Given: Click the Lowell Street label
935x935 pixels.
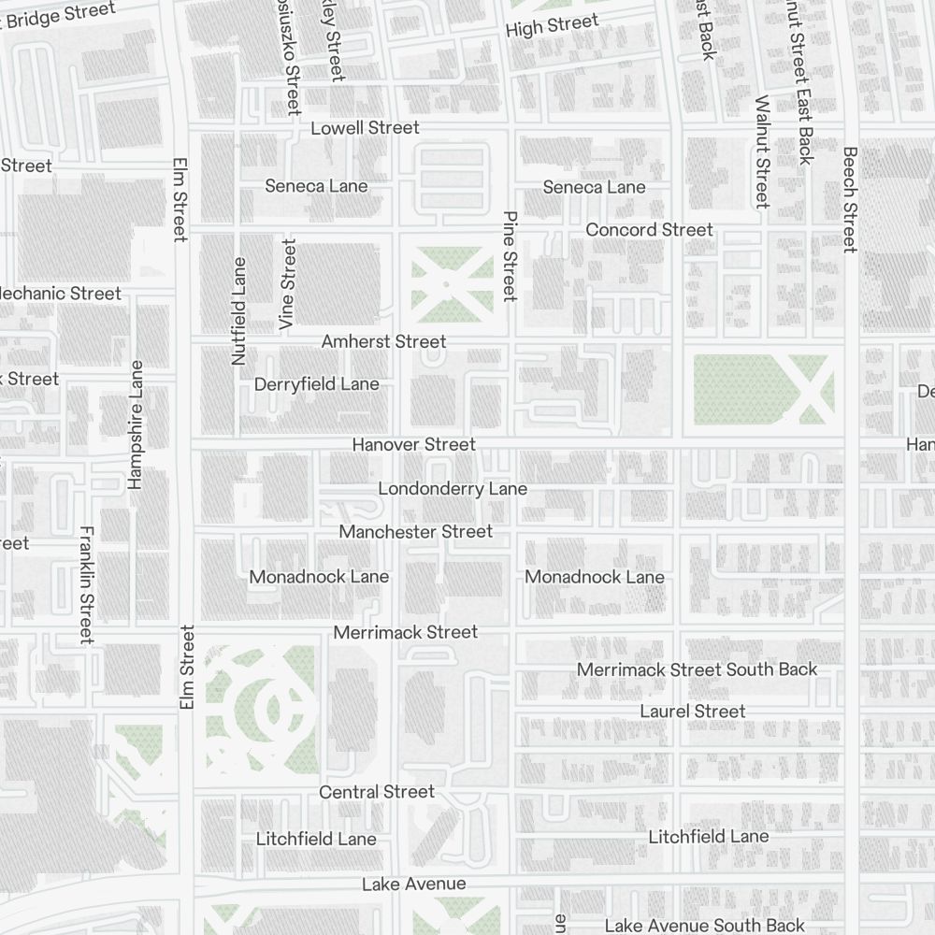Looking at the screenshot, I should (365, 127).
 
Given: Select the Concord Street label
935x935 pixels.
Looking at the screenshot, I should (649, 229).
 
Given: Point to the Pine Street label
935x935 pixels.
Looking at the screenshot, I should (510, 255).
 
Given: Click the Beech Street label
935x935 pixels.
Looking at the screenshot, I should (849, 199).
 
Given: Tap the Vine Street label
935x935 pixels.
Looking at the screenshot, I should (287, 283).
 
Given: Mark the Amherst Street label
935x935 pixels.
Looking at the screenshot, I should (383, 341).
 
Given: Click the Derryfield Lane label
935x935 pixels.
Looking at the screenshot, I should (316, 383).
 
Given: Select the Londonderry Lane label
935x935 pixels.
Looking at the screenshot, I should (453, 488).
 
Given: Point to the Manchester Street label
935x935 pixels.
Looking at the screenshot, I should (415, 531).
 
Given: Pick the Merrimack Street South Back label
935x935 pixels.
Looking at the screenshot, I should (697, 669).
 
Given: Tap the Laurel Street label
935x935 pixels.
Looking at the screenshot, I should (692, 711).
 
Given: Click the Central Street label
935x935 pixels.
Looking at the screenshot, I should (377, 791).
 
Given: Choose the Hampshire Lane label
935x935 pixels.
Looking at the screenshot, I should (137, 424).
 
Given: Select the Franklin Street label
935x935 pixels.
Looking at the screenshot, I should (86, 584).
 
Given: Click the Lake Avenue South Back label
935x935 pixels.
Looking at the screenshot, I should (704, 925).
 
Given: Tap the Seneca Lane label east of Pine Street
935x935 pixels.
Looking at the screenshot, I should (594, 187).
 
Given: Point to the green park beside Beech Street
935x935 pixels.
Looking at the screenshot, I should (762, 388).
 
